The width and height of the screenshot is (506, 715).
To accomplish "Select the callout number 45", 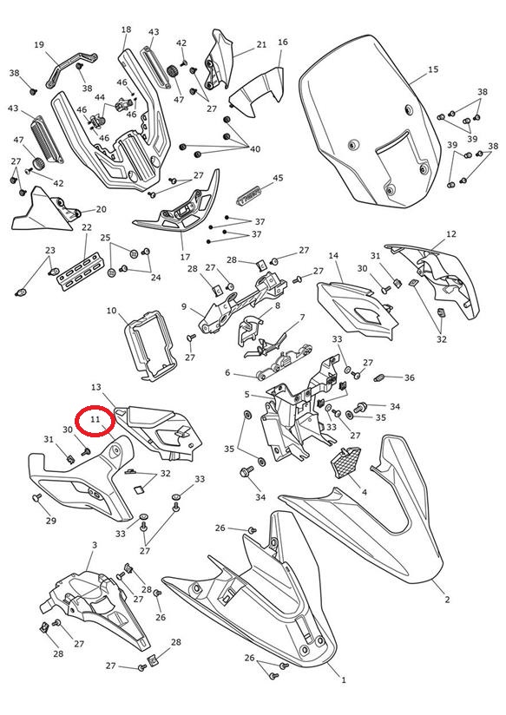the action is [278, 178].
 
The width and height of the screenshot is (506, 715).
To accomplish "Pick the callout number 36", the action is [410, 377].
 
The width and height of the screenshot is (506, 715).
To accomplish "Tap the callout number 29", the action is [50, 521].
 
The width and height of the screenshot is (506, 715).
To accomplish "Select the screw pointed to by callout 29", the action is [36, 497].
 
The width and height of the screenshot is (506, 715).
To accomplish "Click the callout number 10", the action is [111, 311].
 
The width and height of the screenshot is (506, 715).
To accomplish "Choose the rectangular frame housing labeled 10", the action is [149, 345].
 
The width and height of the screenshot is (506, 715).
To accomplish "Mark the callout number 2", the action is [447, 600].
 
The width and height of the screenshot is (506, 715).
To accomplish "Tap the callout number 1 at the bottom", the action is [344, 680].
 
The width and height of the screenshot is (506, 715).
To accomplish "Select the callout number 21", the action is [261, 45].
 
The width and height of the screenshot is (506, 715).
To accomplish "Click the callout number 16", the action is [282, 42].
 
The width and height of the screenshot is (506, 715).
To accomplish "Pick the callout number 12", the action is [450, 234].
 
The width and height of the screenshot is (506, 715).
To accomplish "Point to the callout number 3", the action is [95, 545].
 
